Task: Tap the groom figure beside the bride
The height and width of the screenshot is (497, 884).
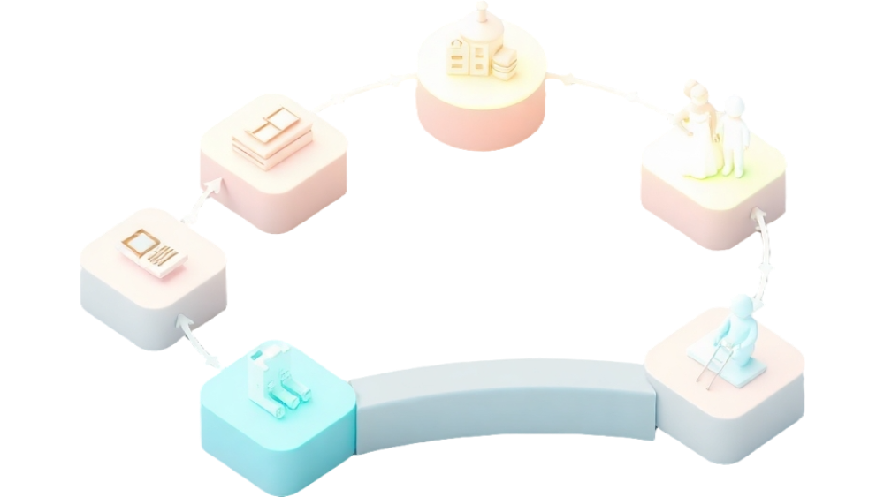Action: coord(733,132)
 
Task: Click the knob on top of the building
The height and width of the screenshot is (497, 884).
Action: coord(481,10)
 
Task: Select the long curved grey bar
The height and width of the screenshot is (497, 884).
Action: coord(504,402)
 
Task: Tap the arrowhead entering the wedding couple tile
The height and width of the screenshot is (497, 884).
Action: coord(758,215)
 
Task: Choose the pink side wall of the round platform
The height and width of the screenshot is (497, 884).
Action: coord(477,124)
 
